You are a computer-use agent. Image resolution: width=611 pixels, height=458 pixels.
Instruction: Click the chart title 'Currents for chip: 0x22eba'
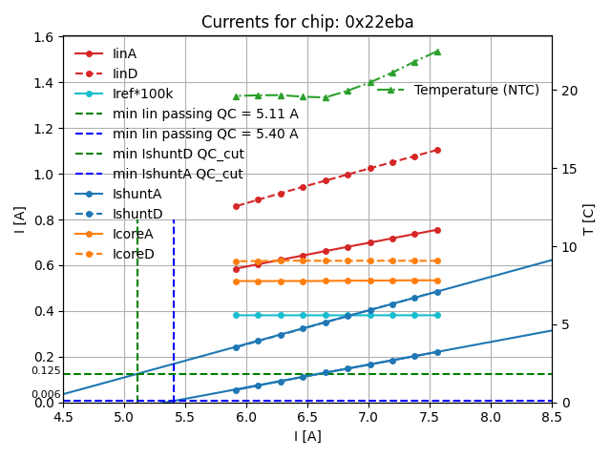point(306,22)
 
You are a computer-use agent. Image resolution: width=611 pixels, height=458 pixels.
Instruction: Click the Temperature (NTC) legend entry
point(476,90)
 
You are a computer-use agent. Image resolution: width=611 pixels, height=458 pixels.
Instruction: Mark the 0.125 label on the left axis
point(45,371)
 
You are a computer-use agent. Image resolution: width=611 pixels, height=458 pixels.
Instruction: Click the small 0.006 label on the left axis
point(45,395)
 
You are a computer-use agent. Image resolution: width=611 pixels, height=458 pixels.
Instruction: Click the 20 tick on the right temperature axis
point(565,91)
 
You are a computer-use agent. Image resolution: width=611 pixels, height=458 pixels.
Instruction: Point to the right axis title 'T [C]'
point(589,219)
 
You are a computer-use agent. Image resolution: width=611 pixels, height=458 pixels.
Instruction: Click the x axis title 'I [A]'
point(306,436)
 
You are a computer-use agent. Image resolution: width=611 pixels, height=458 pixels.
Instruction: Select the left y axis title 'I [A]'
point(20,219)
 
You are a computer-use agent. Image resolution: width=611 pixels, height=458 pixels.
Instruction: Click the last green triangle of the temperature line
point(437,52)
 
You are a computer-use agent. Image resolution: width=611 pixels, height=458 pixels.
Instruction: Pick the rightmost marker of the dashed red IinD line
point(437,150)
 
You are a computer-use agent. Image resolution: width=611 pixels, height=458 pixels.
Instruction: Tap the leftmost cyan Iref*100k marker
point(236,315)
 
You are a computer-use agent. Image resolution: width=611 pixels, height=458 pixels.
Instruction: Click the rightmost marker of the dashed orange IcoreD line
point(437,260)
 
